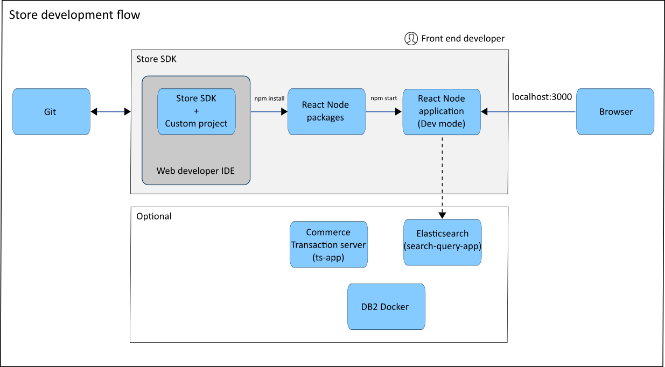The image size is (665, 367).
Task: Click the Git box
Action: point(51,111)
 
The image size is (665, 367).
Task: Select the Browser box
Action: point(615,111)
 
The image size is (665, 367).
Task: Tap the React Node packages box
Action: point(326,111)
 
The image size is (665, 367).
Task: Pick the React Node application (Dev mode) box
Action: point(441,111)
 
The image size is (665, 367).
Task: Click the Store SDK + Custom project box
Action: point(196,111)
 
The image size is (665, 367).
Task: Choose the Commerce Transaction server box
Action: point(328,244)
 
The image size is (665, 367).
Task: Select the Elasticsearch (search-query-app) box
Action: point(442,242)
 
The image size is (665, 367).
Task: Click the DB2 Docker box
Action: point(386,307)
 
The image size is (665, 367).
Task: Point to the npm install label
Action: point(269,98)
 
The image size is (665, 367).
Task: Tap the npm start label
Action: point(383,98)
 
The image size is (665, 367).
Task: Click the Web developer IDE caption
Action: point(195,171)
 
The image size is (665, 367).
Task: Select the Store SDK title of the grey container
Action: point(156,59)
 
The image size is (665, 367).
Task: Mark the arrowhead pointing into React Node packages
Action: point(284,112)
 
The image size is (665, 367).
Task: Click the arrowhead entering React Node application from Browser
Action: point(484,112)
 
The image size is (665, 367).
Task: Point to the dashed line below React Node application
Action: point(442,164)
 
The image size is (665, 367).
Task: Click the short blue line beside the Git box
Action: point(110,112)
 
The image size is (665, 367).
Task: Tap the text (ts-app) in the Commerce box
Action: point(328,257)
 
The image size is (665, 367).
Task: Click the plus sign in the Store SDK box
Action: point(196,111)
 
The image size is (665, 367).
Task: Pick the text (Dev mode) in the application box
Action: point(441,123)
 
